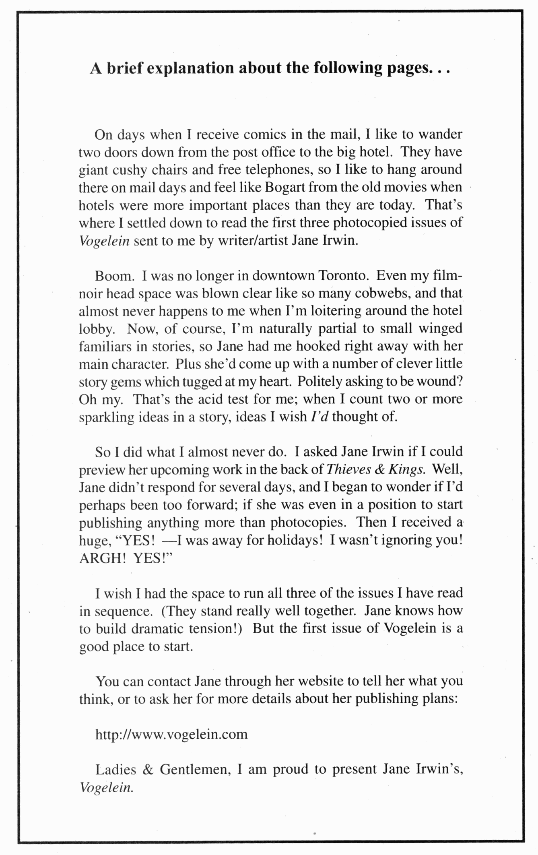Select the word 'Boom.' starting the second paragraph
pyautogui.click(x=114, y=276)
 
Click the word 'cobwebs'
pyautogui.click(x=382, y=293)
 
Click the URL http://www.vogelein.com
pyautogui.click(x=171, y=734)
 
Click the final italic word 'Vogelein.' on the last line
pyautogui.click(x=106, y=788)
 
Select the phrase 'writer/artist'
pyautogui.click(x=253, y=241)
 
